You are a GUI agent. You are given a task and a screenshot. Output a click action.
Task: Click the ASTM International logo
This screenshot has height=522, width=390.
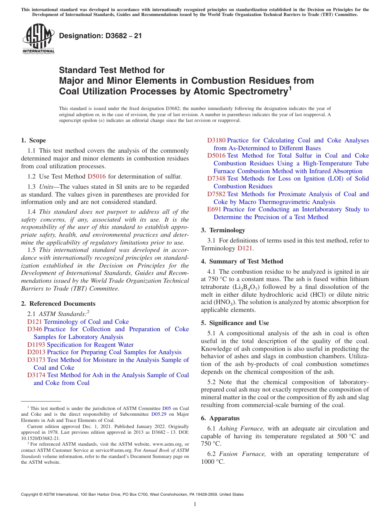click(38, 39)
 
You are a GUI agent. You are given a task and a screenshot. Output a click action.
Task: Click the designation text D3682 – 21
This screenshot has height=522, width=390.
click(101, 36)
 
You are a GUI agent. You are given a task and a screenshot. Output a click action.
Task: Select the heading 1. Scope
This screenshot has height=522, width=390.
click(34, 140)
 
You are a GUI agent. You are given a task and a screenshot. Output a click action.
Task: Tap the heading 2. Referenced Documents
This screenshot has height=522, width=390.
click(58, 304)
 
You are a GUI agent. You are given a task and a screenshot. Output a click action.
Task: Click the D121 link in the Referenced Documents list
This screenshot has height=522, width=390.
click(35, 322)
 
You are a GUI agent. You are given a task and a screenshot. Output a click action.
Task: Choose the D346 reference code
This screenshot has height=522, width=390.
click(35, 329)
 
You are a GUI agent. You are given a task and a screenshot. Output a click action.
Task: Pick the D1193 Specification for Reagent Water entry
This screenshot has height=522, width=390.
click(80, 345)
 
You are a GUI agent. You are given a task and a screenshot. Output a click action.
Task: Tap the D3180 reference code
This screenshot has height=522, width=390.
click(216, 140)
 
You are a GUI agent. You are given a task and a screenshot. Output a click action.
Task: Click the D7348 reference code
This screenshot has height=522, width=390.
click(216, 179)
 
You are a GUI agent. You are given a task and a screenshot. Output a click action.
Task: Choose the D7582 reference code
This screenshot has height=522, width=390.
click(216, 194)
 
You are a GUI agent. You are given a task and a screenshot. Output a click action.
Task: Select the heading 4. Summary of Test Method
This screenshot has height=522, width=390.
click(242, 261)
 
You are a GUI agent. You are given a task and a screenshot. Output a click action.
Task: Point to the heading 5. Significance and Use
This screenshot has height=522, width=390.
click(235, 323)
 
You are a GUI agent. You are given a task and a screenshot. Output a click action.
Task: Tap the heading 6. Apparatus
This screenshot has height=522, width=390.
click(220, 418)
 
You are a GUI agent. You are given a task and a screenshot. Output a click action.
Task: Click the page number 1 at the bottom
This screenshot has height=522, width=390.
click(195, 504)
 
